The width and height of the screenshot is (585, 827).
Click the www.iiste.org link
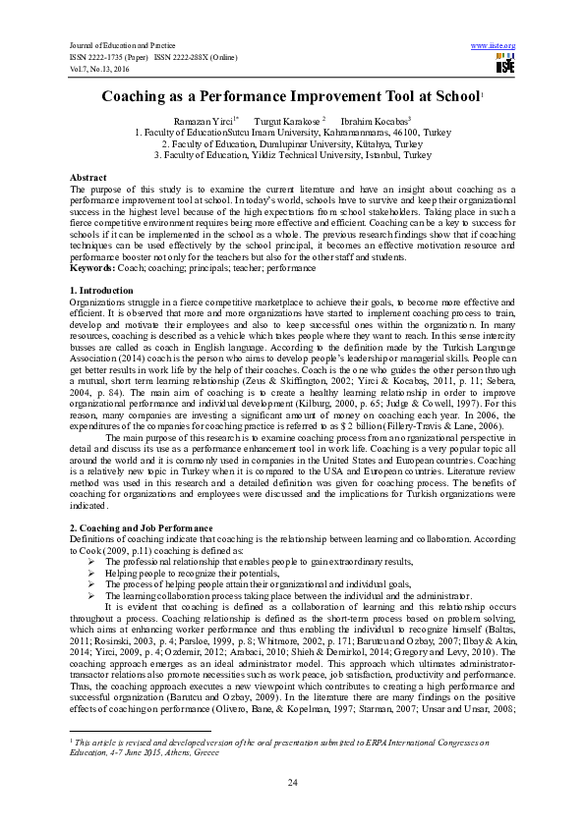click(494, 46)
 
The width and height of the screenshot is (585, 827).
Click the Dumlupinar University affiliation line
click(292, 142)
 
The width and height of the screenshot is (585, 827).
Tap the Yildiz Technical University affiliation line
click(292, 154)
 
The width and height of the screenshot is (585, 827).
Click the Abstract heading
click(88, 177)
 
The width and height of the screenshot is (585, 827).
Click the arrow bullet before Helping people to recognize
click(92, 572)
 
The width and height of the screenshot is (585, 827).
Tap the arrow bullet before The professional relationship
click(92, 561)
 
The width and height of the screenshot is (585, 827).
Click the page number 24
click(292, 781)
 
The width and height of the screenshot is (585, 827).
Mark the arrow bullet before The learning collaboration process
click(92, 595)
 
